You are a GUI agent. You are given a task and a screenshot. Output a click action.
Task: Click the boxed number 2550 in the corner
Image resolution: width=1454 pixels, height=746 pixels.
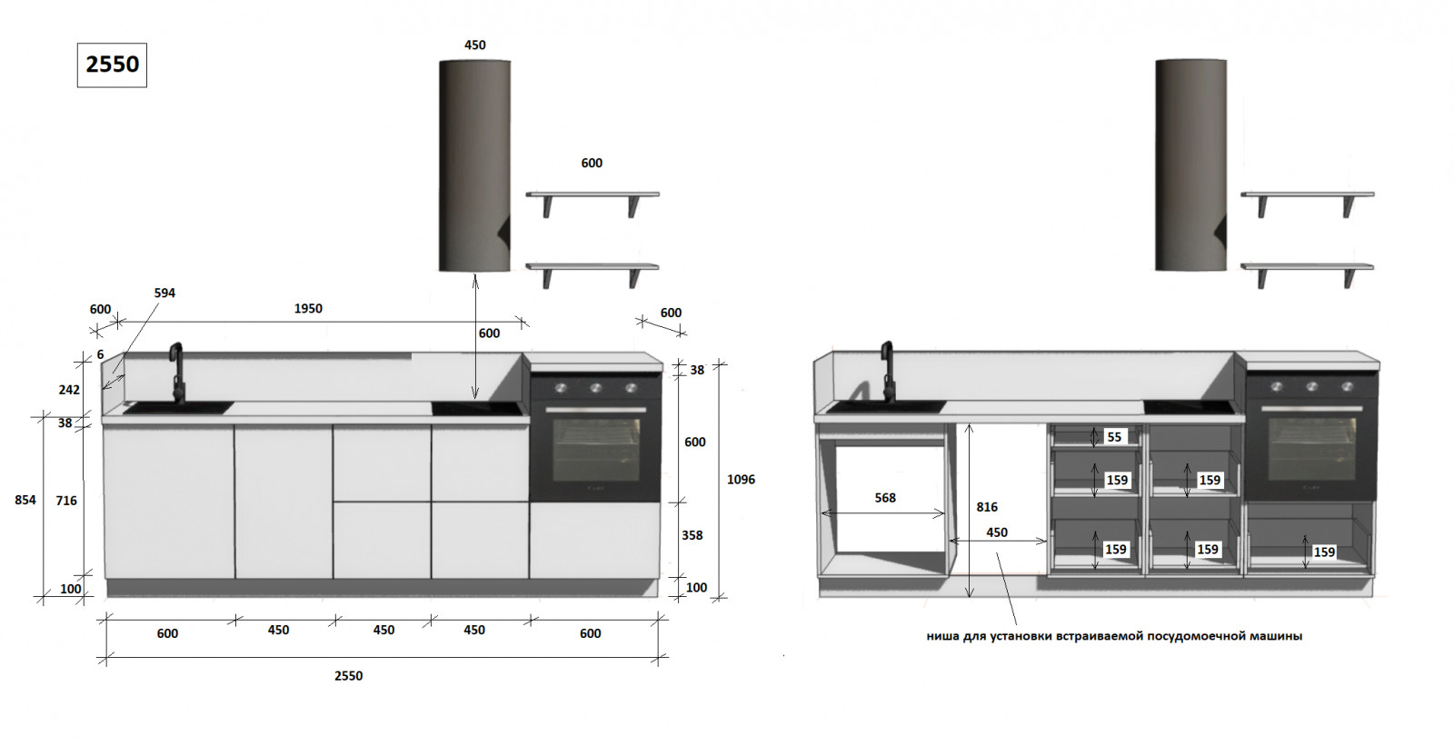point(113,65)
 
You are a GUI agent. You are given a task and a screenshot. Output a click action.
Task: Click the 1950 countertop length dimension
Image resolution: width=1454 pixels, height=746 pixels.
point(308,308)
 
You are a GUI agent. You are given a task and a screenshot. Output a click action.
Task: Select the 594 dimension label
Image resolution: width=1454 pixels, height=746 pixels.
point(164,293)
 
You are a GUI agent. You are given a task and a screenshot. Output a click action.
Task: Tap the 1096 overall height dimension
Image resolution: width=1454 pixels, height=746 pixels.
point(741,480)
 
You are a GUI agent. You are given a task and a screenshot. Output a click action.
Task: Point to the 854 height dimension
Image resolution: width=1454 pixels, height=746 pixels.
point(25,500)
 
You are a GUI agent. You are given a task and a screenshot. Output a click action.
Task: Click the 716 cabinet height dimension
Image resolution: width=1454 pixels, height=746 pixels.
point(66,501)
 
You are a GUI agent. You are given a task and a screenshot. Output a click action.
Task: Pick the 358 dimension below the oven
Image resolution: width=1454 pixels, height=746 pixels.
point(692,535)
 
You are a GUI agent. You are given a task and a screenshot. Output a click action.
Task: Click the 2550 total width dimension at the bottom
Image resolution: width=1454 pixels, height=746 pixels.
point(349,676)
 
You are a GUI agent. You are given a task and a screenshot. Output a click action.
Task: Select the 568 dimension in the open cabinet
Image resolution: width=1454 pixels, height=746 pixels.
point(885,498)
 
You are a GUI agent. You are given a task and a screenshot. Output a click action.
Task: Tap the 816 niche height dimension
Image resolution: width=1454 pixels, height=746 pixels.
point(987,507)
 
